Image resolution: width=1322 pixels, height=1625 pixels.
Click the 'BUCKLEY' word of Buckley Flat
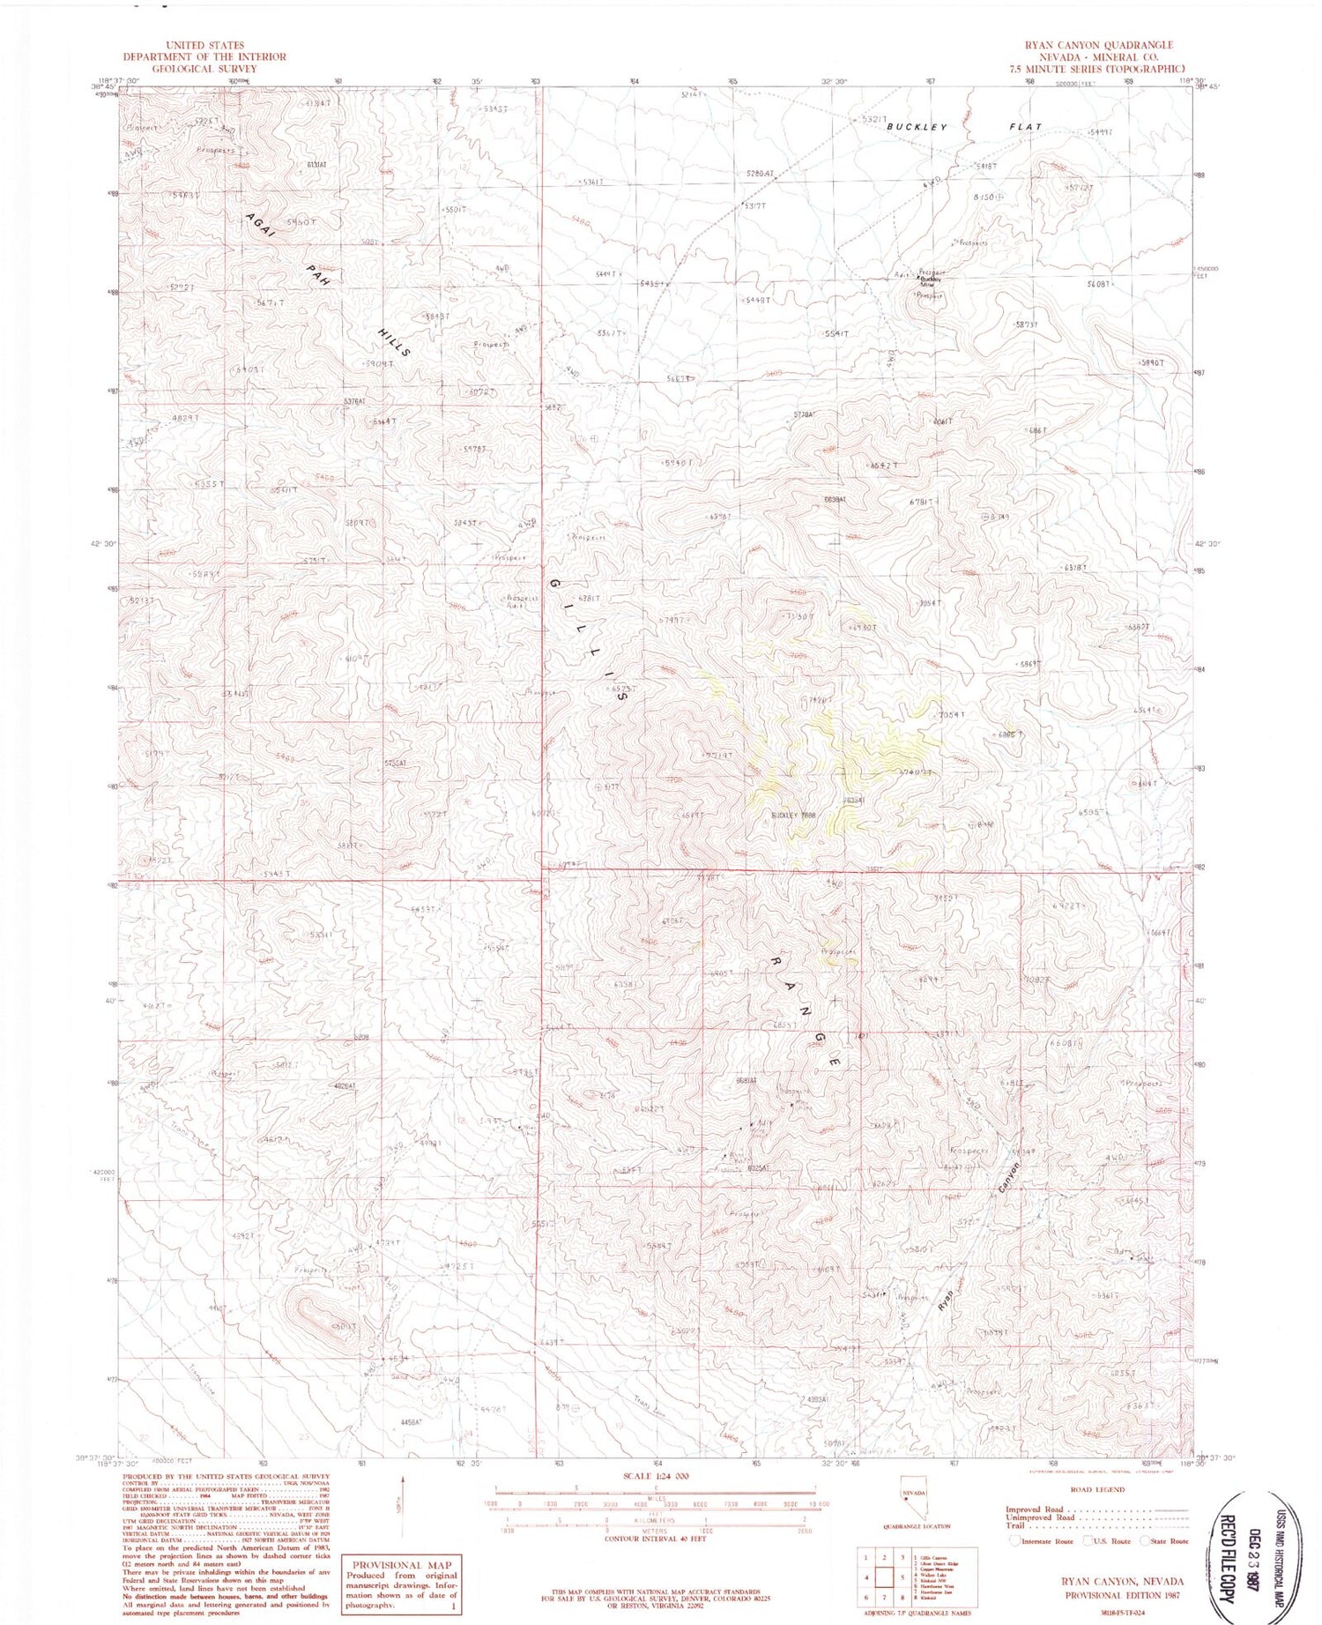tap(917, 127)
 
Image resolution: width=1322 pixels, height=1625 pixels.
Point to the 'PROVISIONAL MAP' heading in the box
tap(401, 1564)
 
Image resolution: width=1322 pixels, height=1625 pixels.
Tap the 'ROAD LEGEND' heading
tap(1098, 1489)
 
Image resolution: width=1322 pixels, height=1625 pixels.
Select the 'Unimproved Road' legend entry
tap(1040, 1517)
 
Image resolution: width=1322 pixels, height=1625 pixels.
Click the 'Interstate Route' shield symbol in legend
tap(1016, 1540)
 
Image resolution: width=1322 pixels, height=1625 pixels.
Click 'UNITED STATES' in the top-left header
tap(204, 45)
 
